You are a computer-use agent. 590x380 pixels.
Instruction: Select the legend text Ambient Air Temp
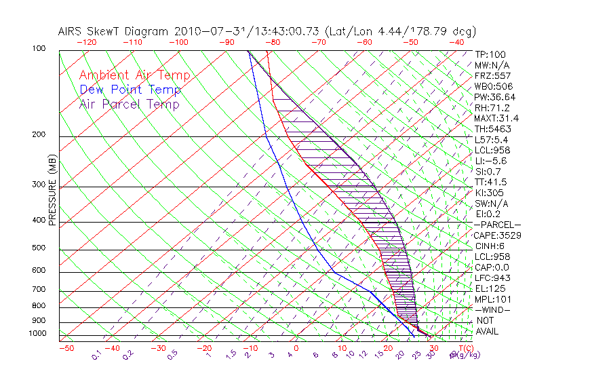point(134,75)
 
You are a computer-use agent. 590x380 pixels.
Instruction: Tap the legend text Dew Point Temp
point(130,90)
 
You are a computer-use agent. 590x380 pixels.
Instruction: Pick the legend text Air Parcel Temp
point(129,104)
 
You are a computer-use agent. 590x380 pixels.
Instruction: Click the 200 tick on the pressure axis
point(38,135)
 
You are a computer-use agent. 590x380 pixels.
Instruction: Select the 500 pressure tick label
point(38,248)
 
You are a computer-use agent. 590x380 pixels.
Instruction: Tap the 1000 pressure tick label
point(36,334)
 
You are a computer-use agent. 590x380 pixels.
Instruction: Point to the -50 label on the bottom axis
point(66,349)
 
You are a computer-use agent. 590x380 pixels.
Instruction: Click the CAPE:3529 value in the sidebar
point(496,235)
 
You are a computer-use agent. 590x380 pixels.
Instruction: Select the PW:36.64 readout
point(494,97)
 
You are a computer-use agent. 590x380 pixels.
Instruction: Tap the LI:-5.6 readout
point(491,161)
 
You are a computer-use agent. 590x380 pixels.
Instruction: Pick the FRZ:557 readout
point(492,75)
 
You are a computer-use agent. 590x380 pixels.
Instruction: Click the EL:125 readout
point(488,288)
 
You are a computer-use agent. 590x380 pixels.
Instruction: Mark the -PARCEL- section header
point(497,225)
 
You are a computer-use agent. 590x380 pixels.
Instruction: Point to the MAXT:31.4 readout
point(496,118)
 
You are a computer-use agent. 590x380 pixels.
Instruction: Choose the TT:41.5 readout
point(491,182)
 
